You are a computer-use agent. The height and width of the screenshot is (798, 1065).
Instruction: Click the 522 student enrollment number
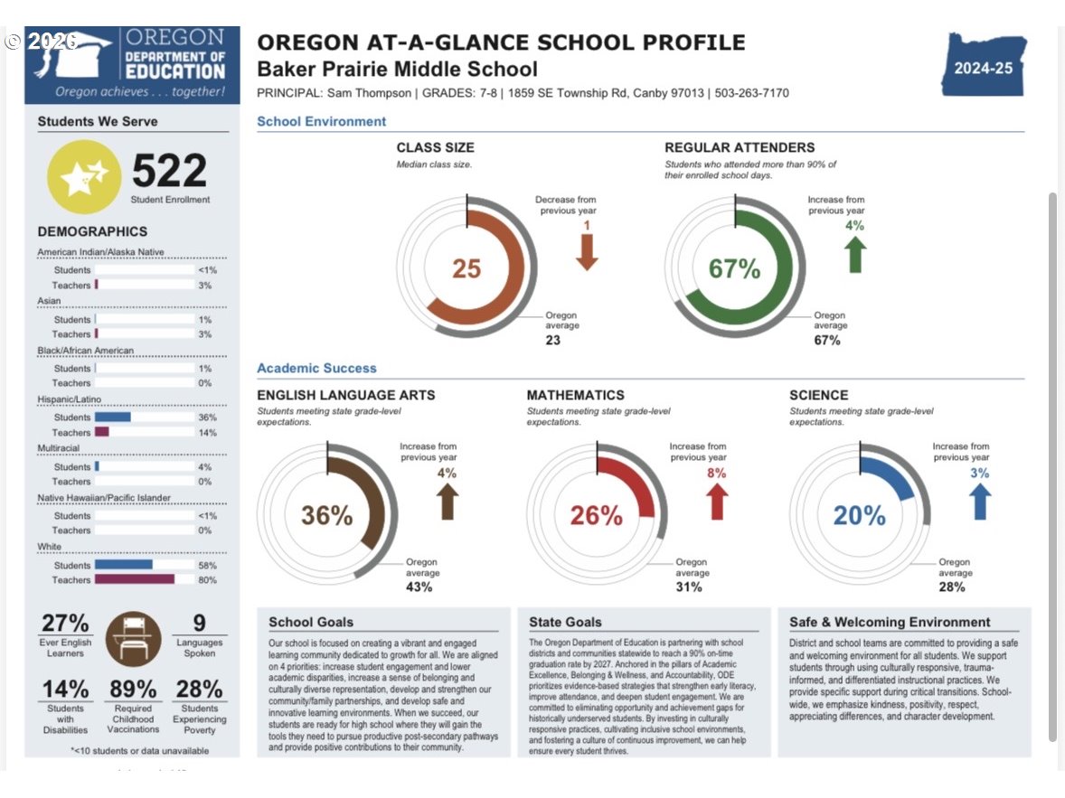(169, 170)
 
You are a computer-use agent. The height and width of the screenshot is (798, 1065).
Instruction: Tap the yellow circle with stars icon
(83, 176)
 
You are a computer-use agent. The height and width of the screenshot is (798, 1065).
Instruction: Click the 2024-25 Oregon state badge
(984, 65)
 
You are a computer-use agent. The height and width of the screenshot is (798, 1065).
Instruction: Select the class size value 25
(467, 268)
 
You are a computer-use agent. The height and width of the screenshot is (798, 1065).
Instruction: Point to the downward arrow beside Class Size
(587, 252)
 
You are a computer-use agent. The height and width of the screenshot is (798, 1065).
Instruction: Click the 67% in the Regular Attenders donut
(734, 268)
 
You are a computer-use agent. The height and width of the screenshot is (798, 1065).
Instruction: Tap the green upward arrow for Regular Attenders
(855, 255)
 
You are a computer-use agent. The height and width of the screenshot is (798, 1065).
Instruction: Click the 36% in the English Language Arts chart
(326, 515)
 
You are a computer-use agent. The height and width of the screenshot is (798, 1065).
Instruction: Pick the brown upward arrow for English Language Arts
(447, 502)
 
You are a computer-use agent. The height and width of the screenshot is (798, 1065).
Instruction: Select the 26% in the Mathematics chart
(597, 515)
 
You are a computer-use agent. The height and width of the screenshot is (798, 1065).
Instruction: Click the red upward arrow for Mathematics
(717, 502)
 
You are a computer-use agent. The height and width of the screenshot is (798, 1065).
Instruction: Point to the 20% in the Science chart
(859, 515)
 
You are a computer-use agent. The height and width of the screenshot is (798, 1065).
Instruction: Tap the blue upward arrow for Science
(979, 502)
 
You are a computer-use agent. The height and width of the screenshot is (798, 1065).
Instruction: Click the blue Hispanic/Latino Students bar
(113, 417)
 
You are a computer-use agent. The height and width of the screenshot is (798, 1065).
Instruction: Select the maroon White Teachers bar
(135, 579)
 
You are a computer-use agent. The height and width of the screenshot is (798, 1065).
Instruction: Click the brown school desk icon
(133, 639)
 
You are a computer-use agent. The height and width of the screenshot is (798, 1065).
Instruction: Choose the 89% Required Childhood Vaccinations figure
(133, 689)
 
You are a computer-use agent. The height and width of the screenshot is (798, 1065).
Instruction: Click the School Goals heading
(311, 622)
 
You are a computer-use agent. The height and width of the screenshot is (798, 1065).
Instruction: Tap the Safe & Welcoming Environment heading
(890, 622)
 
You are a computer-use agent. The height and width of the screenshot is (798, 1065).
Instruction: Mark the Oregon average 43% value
(419, 587)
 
